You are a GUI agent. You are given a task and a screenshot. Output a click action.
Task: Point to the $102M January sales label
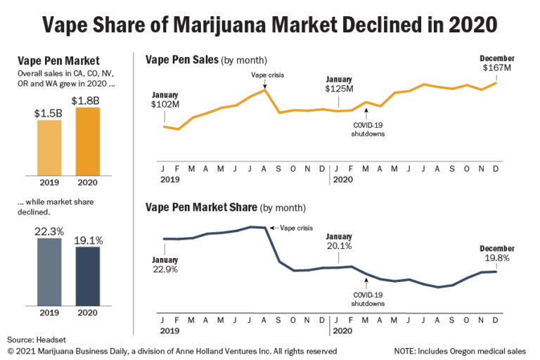coord(165,104)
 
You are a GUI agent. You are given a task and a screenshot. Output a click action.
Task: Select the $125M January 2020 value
coord(338,90)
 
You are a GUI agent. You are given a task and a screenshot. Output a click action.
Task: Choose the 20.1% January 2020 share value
coord(338,246)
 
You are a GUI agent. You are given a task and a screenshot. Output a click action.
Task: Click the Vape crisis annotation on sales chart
coord(266,75)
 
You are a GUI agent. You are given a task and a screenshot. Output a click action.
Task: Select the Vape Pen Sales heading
coord(181,60)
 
